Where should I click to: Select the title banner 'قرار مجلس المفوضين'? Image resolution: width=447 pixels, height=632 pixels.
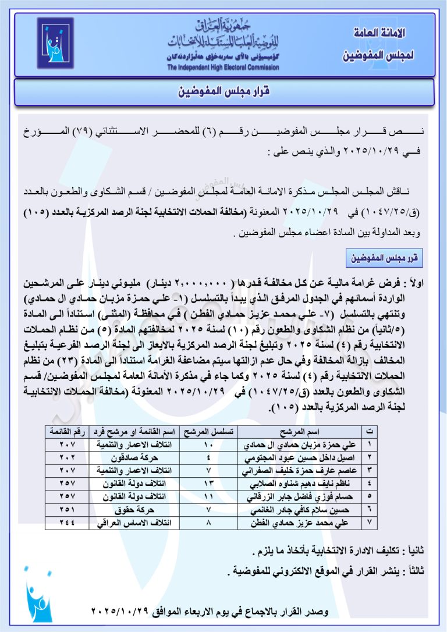tap(223, 92)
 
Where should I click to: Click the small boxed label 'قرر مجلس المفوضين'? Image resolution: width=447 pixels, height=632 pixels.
tap(384, 257)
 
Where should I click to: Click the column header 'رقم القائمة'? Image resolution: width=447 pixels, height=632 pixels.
tap(67, 431)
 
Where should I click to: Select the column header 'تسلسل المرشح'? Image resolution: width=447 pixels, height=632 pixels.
tap(208, 431)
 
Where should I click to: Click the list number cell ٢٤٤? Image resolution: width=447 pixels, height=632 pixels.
tap(67, 523)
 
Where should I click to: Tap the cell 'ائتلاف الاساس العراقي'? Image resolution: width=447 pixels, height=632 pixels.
tap(136, 523)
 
